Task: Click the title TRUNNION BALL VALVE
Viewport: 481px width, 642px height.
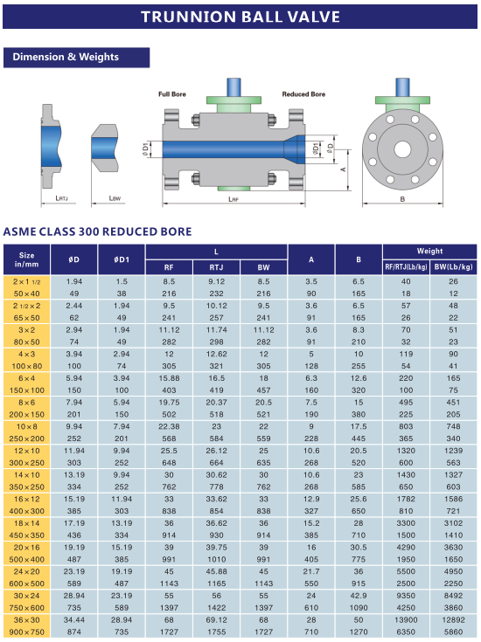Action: click(240, 17)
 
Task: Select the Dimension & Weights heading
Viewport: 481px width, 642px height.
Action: click(66, 57)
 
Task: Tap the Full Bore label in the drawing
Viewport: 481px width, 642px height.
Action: click(172, 94)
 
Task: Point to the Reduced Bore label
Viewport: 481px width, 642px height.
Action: click(303, 94)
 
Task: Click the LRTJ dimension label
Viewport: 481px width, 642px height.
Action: click(61, 198)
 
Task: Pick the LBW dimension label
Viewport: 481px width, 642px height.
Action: click(115, 198)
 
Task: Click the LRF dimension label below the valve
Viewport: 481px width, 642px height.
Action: click(234, 199)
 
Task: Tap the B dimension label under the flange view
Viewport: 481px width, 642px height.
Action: click(402, 199)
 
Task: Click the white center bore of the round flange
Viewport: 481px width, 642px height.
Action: click(402, 149)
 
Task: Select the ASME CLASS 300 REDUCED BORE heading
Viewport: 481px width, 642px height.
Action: click(98, 231)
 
